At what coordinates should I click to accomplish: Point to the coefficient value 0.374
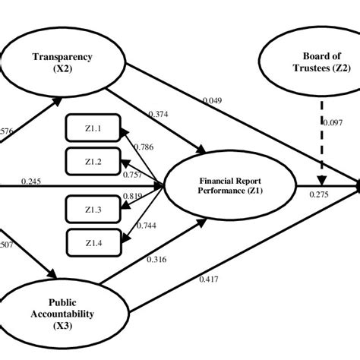click(158, 115)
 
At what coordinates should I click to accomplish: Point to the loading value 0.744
click(146, 225)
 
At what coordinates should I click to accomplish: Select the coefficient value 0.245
click(32, 180)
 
